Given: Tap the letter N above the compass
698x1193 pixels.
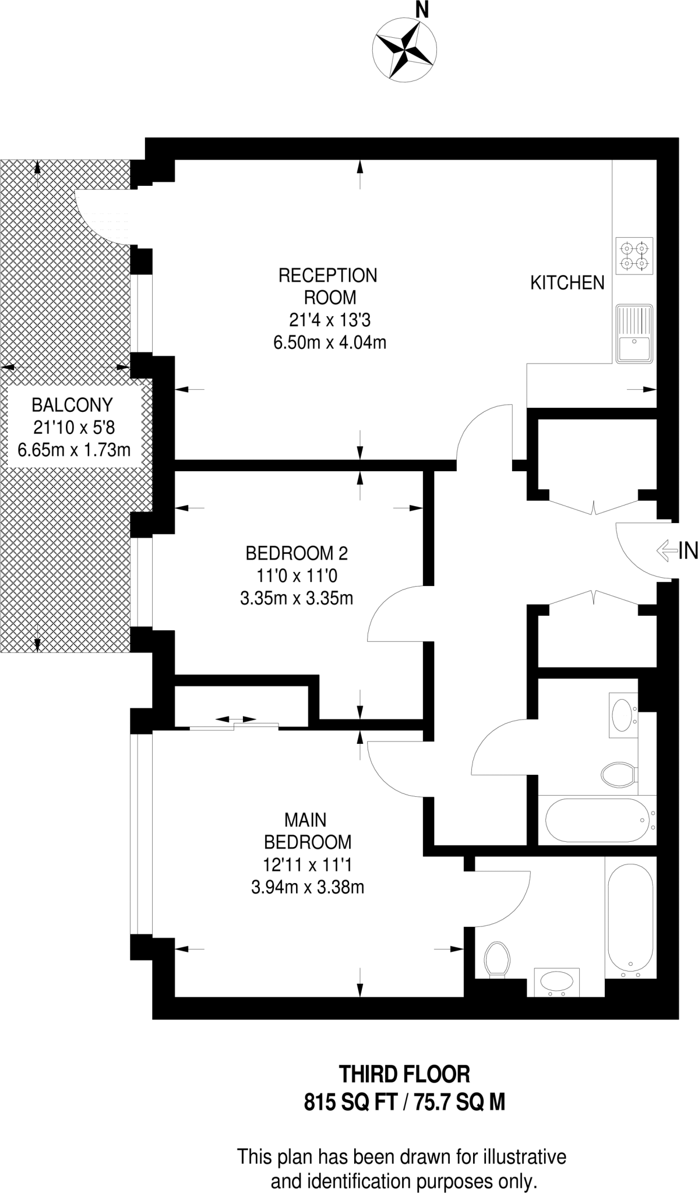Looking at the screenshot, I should (x=421, y=10).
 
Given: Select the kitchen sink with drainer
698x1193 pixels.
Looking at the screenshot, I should (x=634, y=333).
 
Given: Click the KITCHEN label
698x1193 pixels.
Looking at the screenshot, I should (x=567, y=283).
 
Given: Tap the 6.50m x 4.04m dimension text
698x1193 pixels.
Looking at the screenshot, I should (x=330, y=342).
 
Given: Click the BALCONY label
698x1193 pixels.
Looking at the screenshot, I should (x=72, y=404).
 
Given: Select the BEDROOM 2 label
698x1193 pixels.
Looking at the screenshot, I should (x=297, y=552).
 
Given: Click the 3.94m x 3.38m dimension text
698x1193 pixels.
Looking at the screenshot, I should (x=307, y=887).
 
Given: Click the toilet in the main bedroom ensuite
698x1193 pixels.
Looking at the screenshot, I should (x=497, y=959).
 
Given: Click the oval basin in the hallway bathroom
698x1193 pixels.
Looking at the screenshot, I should (x=622, y=712).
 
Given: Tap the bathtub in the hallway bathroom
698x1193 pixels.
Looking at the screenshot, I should (x=597, y=820).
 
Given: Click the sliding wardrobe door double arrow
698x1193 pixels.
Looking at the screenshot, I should (x=235, y=719).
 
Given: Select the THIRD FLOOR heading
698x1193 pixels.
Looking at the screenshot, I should (x=404, y=1074).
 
